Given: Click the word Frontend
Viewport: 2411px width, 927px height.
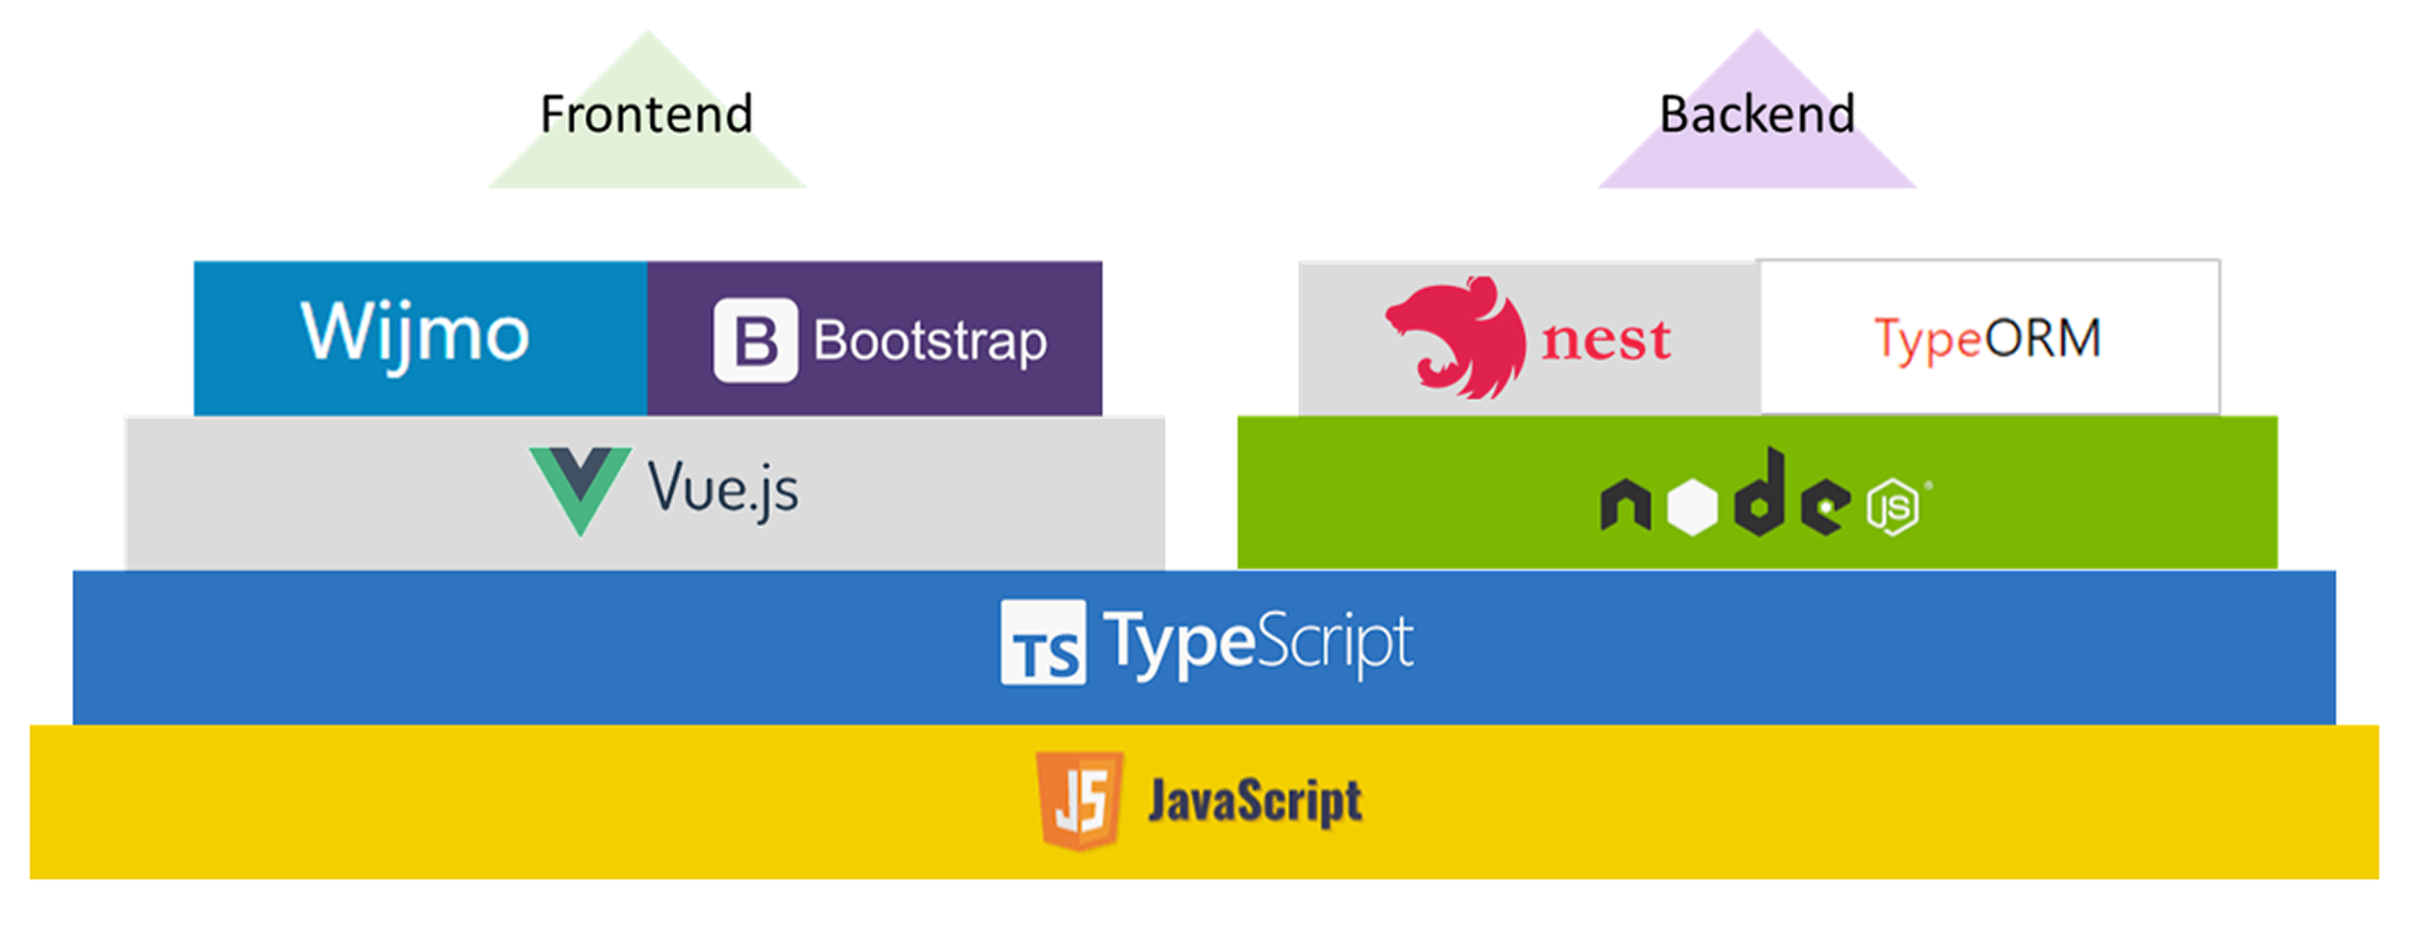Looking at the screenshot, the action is tap(647, 114).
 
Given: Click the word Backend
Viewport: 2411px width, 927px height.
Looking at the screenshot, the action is tap(1757, 114).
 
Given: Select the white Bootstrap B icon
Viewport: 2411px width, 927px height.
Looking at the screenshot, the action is tap(755, 340).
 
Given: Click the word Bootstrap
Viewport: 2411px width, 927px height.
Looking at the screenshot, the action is tap(930, 341).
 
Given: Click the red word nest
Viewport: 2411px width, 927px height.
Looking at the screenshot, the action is tap(1606, 340).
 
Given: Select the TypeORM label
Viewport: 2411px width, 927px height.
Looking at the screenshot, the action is tap(1988, 340).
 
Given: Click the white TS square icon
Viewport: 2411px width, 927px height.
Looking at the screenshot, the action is tap(1043, 642).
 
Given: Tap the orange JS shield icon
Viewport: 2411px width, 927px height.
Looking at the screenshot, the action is tap(1080, 801).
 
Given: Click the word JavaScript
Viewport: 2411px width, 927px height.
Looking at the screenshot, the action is tap(1255, 802).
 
